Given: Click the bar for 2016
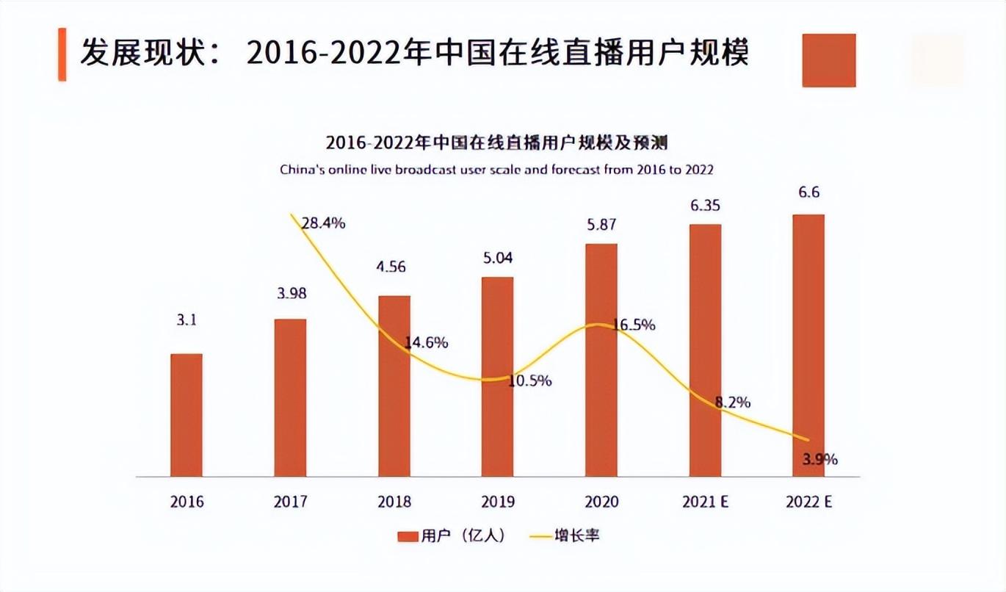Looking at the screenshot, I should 187,415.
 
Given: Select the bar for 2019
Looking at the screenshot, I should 498,377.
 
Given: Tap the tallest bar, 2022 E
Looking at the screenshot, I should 808,345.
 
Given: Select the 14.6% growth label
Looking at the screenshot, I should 426,342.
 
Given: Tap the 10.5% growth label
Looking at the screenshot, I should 529,381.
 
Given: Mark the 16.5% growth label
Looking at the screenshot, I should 633,325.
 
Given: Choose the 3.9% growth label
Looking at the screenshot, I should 820,460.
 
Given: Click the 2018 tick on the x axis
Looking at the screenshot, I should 394,502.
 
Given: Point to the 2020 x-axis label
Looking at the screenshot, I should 602,502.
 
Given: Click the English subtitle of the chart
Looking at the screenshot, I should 496,170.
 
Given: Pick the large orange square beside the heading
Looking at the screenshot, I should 829,60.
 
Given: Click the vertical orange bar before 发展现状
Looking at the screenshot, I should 62,54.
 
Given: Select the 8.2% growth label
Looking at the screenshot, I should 734,402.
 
